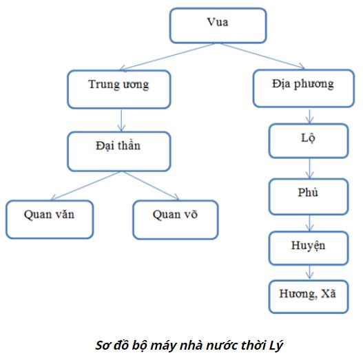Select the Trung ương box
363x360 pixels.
[119, 86]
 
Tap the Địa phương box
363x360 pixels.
[302, 86]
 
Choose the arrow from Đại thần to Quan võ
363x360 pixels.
[148, 186]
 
